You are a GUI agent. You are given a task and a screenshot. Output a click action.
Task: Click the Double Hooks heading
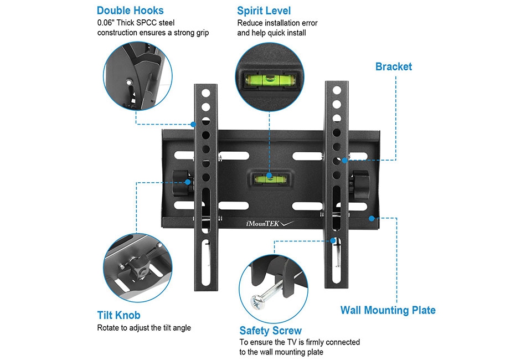click(x=130, y=11)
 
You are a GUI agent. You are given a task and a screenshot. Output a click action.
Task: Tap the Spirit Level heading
click(x=264, y=11)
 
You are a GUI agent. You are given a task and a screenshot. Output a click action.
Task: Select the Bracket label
click(x=393, y=66)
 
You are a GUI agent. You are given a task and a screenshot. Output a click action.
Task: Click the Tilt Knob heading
click(x=118, y=315)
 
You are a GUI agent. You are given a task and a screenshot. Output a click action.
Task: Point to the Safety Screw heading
click(x=270, y=331)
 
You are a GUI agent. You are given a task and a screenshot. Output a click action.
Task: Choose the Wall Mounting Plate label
click(x=388, y=310)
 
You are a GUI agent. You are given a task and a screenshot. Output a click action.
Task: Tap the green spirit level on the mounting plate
click(x=268, y=178)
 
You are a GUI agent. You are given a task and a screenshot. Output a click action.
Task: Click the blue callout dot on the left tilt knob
click(x=188, y=182)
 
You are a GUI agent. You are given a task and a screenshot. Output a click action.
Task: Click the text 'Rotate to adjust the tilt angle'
click(x=144, y=328)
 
